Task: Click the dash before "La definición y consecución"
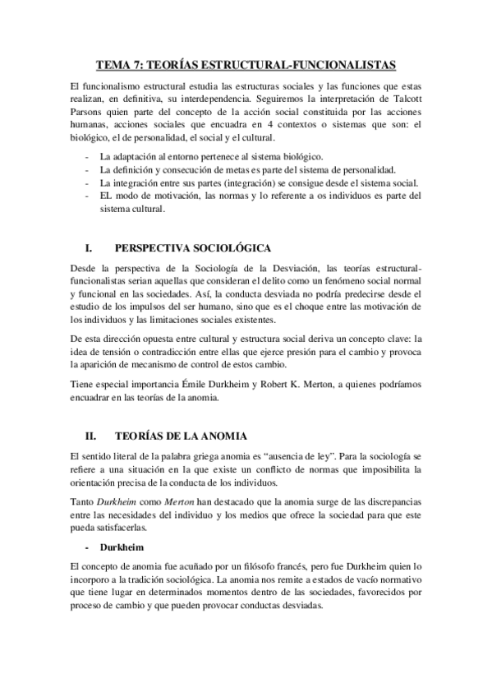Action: (x=88, y=169)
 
